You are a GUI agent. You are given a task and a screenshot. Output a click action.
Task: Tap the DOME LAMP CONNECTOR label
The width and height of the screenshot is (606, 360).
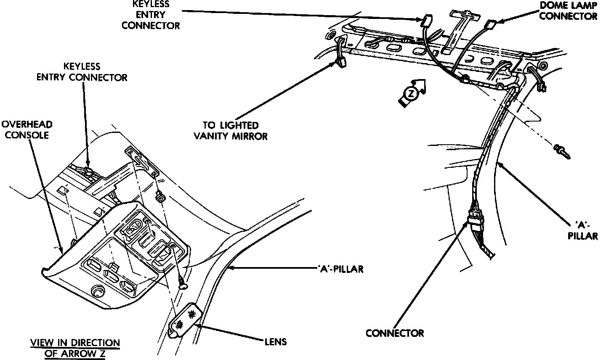click(x=568, y=10)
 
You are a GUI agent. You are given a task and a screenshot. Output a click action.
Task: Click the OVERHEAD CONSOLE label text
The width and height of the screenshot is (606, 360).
click(x=27, y=130)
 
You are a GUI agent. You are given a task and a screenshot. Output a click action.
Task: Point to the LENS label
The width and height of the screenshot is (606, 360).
click(x=276, y=341)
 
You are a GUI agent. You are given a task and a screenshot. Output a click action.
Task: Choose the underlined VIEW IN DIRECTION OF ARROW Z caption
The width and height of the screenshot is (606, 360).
click(x=75, y=348)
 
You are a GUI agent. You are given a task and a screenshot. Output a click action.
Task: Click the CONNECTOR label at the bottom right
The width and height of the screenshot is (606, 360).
click(x=395, y=333)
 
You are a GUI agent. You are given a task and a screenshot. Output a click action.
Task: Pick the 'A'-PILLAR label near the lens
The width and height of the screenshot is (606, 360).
click(x=339, y=269)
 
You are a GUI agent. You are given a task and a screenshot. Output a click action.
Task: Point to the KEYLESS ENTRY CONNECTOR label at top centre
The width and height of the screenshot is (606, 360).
click(x=150, y=15)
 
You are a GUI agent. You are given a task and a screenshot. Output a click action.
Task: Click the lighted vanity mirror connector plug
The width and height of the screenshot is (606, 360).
click(x=341, y=63)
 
